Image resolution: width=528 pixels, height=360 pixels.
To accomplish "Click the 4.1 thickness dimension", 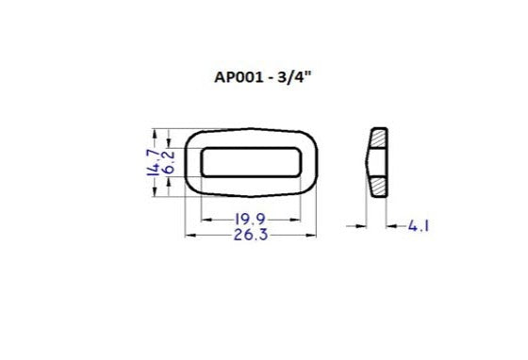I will point(421,226).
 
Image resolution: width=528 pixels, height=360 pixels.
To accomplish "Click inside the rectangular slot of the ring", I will point(252,162).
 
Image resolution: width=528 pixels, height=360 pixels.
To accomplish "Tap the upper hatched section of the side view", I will point(378,139).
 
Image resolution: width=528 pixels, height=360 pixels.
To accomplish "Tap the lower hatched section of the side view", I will point(378,186).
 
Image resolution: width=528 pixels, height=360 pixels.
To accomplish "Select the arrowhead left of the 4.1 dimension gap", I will point(363,226).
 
